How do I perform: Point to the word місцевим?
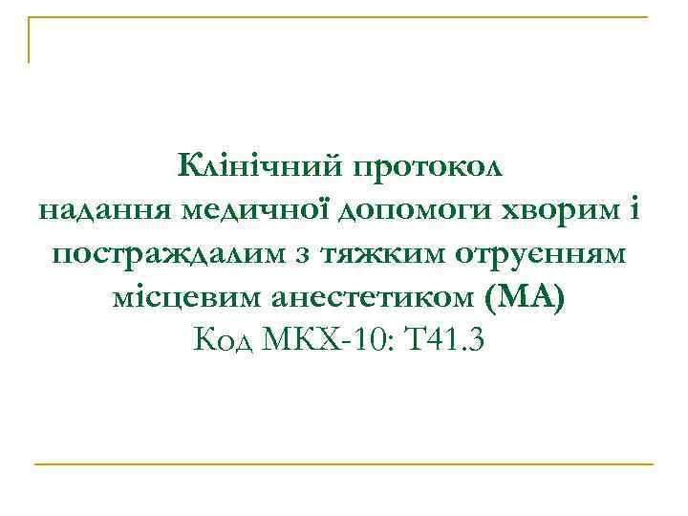click(x=180, y=298)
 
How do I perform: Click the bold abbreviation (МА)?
click(x=526, y=298)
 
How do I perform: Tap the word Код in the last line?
click(x=226, y=340)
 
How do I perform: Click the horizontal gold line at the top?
click(x=344, y=17)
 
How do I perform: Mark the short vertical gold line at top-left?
click(x=30, y=40)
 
